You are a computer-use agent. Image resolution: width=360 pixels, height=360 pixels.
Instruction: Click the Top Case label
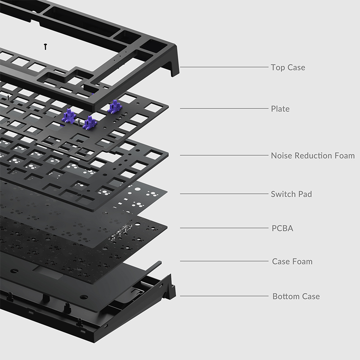click(x=288, y=67)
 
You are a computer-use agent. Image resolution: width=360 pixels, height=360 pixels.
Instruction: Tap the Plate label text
click(x=280, y=108)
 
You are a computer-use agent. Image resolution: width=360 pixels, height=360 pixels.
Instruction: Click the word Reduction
click(x=313, y=155)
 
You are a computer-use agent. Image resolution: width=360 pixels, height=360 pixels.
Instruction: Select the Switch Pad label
click(x=291, y=194)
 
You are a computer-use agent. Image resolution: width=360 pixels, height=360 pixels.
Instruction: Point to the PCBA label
click(x=283, y=228)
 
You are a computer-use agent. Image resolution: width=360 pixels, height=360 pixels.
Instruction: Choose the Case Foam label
click(x=292, y=261)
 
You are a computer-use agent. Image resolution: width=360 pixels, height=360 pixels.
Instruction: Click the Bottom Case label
click(x=296, y=296)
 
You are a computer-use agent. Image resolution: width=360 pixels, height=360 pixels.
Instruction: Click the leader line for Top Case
click(x=224, y=67)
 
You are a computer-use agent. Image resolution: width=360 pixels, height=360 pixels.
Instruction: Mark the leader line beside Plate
click(x=224, y=108)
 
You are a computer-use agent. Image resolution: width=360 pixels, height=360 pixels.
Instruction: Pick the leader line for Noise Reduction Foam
click(x=224, y=155)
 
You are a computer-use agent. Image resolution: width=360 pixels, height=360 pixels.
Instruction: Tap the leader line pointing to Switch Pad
click(x=224, y=194)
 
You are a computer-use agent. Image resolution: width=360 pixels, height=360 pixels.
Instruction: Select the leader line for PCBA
click(x=224, y=228)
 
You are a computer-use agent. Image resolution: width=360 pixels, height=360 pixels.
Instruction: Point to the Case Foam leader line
click(x=224, y=261)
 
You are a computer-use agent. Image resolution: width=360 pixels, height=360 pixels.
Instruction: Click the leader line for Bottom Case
click(x=224, y=296)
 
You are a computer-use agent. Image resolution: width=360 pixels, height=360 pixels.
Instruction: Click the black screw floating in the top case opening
click(x=45, y=47)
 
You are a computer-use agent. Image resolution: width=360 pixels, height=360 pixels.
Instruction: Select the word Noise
click(x=282, y=155)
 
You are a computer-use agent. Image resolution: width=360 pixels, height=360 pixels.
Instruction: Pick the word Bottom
click(x=286, y=296)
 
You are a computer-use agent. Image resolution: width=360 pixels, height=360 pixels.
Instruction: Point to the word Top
click(x=278, y=67)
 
